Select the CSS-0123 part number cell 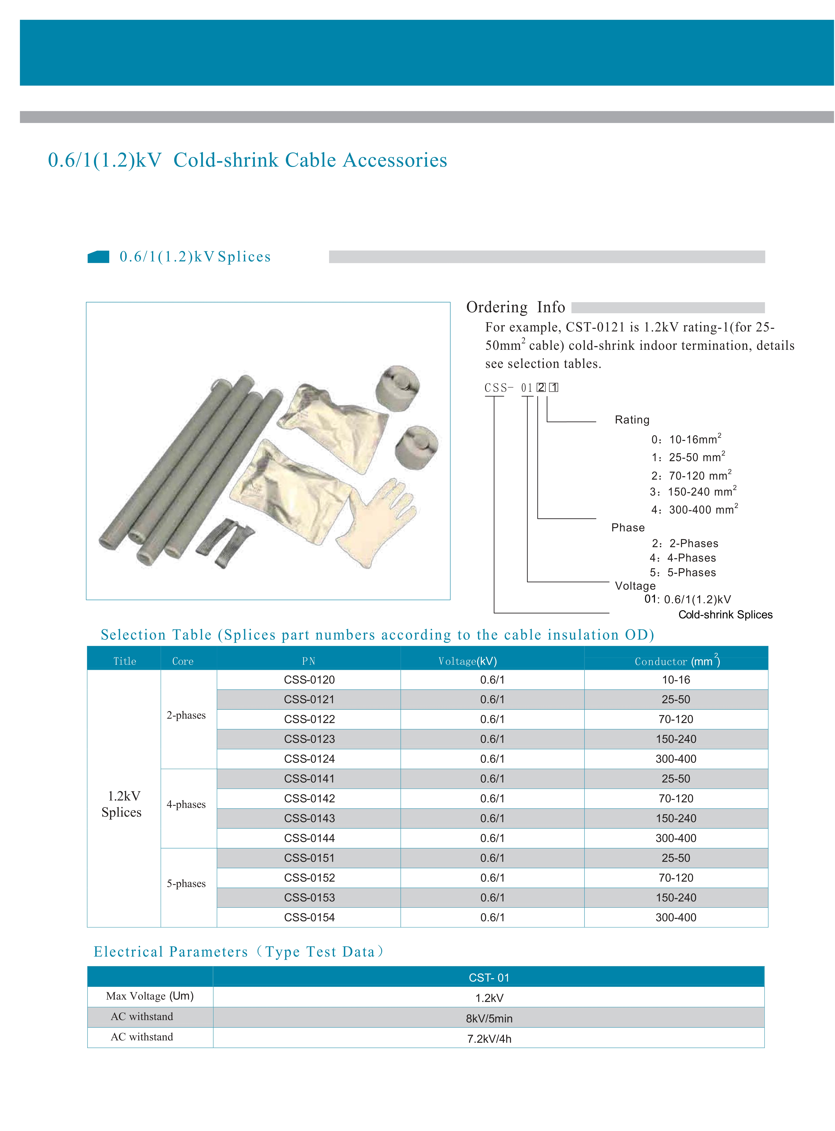309,739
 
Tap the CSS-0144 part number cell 309,838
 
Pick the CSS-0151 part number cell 309,858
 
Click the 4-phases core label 186,804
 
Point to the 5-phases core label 186,884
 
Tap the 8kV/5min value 489,1018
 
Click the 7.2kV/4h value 489,1039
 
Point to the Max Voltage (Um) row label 150,996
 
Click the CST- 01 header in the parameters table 489,977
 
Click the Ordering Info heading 516,307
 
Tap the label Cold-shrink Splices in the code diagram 725,615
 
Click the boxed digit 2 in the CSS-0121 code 541,387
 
